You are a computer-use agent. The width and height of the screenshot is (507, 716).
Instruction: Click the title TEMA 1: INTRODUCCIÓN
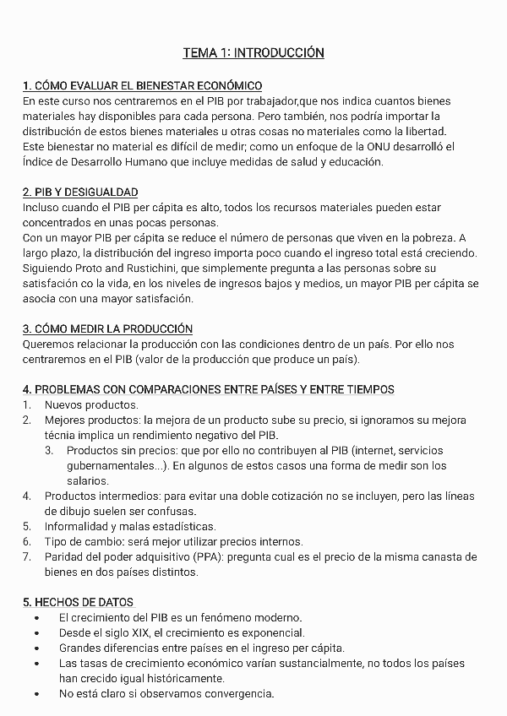253,53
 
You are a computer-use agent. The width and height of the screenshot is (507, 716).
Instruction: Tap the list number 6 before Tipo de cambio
27,541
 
